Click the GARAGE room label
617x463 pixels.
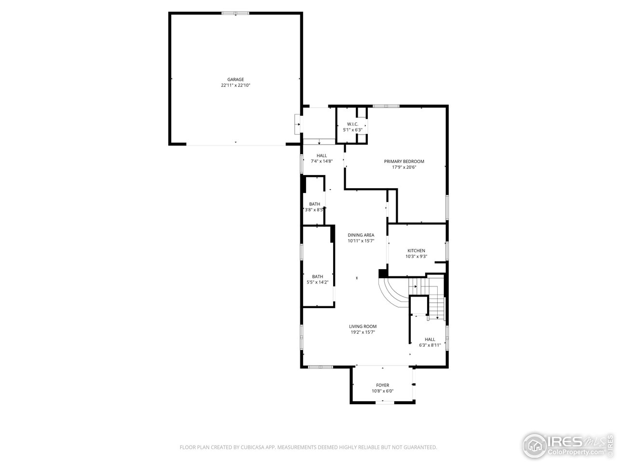[236, 80]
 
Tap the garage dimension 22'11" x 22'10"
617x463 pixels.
[236, 85]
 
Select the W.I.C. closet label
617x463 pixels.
[352, 124]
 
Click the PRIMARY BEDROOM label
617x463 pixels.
[404, 162]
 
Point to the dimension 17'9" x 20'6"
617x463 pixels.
[404, 167]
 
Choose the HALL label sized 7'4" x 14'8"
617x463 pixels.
[322, 155]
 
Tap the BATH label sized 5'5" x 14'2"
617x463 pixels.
[318, 276]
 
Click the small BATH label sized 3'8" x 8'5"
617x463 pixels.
[314, 204]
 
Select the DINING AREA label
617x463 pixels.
[361, 235]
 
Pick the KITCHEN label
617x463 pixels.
[416, 251]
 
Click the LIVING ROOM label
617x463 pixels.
[363, 327]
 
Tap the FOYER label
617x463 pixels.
[382, 385]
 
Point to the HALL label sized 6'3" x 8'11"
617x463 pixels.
[429, 339]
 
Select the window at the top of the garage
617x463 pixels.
[236, 13]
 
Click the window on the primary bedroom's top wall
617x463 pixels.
[386, 106]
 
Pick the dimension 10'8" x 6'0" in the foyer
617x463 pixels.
[382, 391]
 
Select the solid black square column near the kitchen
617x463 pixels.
[383, 273]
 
